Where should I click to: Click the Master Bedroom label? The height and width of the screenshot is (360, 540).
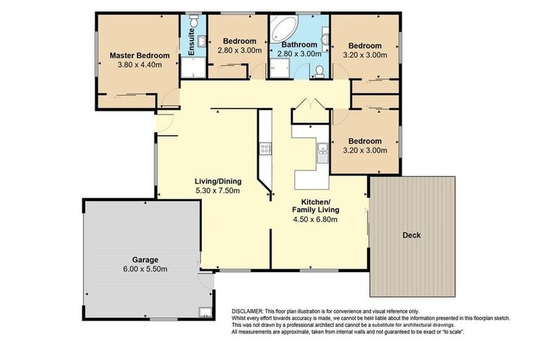coord(139,56)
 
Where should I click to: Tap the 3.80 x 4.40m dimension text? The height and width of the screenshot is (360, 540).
coord(139,66)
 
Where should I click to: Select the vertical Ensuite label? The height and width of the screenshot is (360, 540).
coord(192,41)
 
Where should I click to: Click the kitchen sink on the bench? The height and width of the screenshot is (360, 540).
coord(322,148)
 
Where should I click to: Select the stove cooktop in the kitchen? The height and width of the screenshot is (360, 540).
coord(266,149)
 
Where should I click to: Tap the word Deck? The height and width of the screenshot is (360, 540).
coord(412,236)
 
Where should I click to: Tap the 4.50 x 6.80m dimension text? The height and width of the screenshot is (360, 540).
coord(316,219)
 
